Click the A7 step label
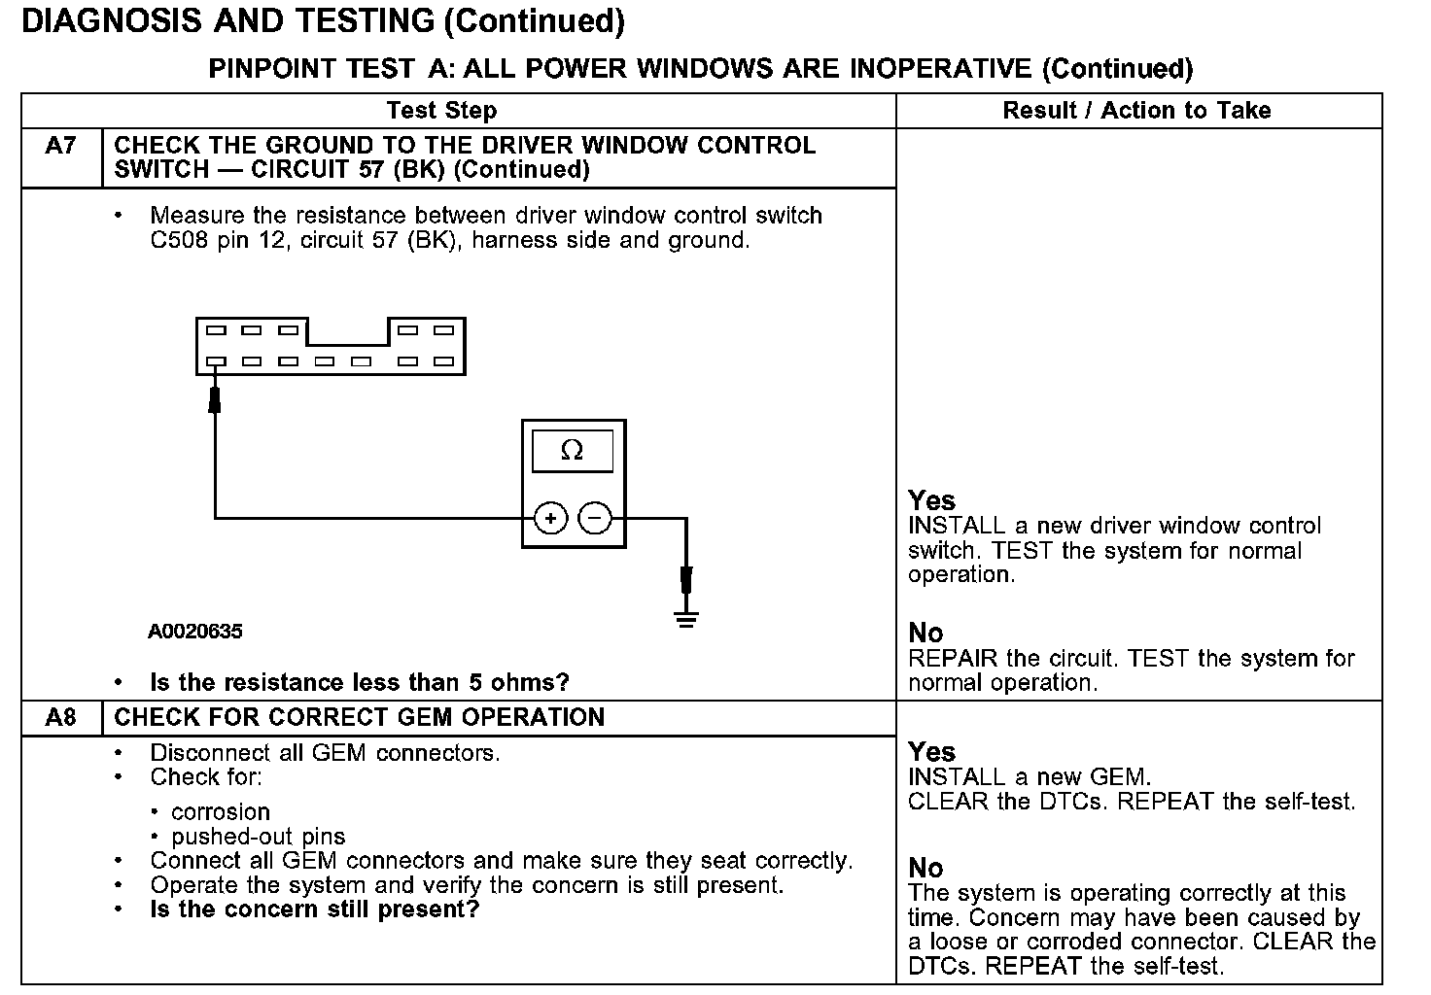[60, 146]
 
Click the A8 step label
[60, 718]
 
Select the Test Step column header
[441, 111]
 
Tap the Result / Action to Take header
[1136, 111]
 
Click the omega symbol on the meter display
[573, 451]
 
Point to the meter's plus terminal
[551, 519]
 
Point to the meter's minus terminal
[595, 519]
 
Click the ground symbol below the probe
[686, 618]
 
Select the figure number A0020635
[195, 632]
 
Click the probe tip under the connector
[215, 397]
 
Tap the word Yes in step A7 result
[931, 500]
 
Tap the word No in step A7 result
[925, 634]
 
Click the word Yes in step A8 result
[931, 752]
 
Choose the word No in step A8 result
[925, 868]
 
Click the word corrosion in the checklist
[221, 812]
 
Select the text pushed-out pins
[258, 837]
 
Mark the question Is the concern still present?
[315, 909]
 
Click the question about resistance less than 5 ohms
[360, 682]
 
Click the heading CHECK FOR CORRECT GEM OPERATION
[360, 718]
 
